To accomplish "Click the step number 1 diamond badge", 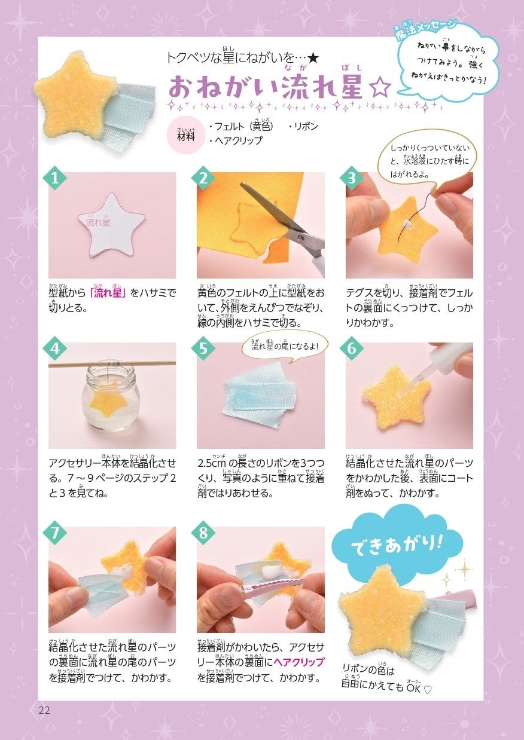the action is pyautogui.click(x=55, y=178).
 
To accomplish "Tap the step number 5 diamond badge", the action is pyautogui.click(x=203, y=348).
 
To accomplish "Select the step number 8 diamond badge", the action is pyautogui.click(x=203, y=533).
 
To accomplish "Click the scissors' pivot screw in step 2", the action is pyautogui.click(x=300, y=237).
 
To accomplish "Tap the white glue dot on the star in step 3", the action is pyautogui.click(x=407, y=225).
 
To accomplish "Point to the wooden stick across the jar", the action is pyautogui.click(x=112, y=363).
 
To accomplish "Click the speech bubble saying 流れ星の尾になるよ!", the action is pyautogui.click(x=285, y=346).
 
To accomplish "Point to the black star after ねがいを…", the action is pyautogui.click(x=313, y=59).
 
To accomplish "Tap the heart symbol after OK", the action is pyautogui.click(x=428, y=690).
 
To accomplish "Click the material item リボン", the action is pyautogui.click(x=303, y=127).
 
